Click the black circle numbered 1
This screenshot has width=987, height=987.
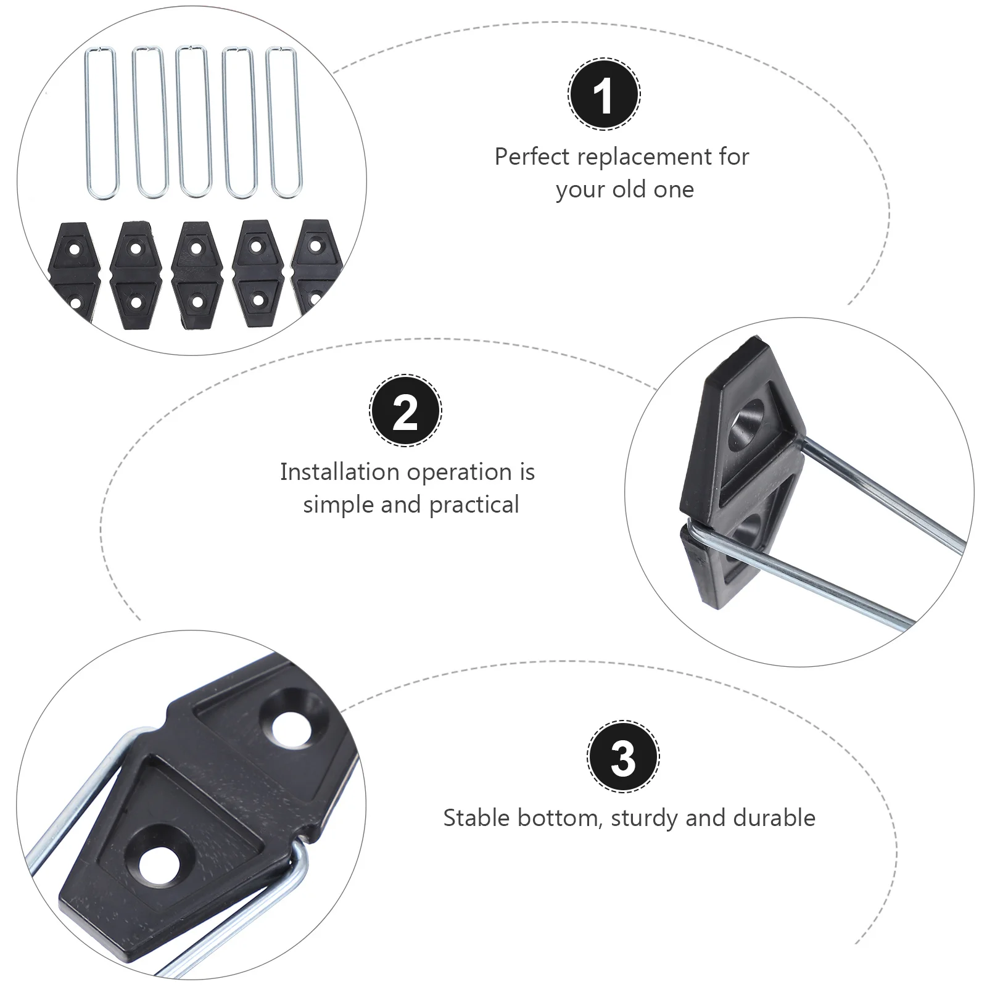tap(604, 94)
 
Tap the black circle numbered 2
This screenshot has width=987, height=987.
tap(405, 410)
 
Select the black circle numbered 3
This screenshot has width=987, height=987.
tap(623, 756)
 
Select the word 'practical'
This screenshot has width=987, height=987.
tap(474, 505)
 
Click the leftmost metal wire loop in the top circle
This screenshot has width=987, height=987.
tap(101, 123)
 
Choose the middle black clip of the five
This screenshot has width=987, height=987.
tap(196, 275)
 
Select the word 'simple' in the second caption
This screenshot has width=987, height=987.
tap(338, 505)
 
